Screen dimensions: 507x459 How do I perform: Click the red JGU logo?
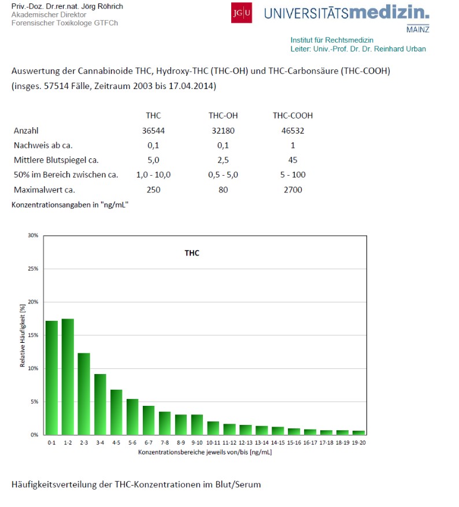point(241,13)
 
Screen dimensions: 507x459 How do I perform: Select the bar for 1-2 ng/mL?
point(68,376)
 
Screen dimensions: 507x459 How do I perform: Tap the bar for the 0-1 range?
point(51,378)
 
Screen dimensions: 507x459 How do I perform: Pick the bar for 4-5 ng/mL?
point(116,412)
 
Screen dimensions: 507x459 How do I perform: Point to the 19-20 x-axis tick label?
point(358,443)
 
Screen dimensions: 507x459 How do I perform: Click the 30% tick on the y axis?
point(33,235)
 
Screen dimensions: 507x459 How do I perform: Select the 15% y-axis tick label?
point(33,335)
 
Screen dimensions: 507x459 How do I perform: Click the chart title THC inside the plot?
point(192,253)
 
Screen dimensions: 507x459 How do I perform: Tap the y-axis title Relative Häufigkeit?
point(23,335)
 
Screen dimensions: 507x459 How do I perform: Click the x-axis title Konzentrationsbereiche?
point(205,452)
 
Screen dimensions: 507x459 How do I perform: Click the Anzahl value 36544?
point(153,131)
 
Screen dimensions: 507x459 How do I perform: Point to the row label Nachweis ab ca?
point(43,145)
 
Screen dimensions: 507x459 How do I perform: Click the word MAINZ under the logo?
point(417,29)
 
